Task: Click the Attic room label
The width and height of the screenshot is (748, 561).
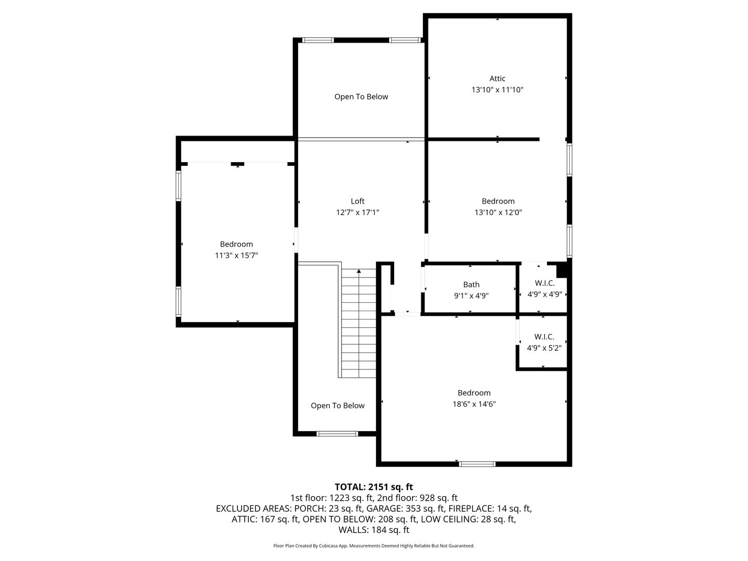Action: (x=497, y=78)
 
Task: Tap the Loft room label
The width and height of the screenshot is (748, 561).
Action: (x=357, y=202)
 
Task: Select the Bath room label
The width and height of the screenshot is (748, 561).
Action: (x=471, y=285)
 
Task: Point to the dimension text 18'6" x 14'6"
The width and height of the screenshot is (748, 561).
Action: (x=474, y=404)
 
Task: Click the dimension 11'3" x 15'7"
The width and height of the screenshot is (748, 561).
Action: (x=236, y=255)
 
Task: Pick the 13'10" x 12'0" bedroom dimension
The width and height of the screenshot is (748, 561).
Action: (x=498, y=212)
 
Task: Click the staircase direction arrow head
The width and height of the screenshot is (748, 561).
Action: (x=359, y=271)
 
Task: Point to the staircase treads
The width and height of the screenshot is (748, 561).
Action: (x=359, y=323)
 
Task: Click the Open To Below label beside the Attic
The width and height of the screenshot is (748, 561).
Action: (x=361, y=97)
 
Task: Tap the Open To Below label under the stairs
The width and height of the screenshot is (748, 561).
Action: (x=338, y=406)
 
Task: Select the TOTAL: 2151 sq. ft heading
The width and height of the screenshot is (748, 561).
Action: (x=374, y=487)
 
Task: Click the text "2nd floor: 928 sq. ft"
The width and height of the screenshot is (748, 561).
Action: (x=412, y=498)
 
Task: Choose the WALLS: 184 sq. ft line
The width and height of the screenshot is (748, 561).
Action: (x=374, y=530)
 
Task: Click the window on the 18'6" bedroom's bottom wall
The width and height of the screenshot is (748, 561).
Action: (x=477, y=464)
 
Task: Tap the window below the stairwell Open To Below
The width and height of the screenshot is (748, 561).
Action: (x=337, y=434)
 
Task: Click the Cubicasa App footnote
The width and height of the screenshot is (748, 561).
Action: (x=374, y=545)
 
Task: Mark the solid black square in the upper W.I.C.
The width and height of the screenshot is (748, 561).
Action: (x=562, y=270)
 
